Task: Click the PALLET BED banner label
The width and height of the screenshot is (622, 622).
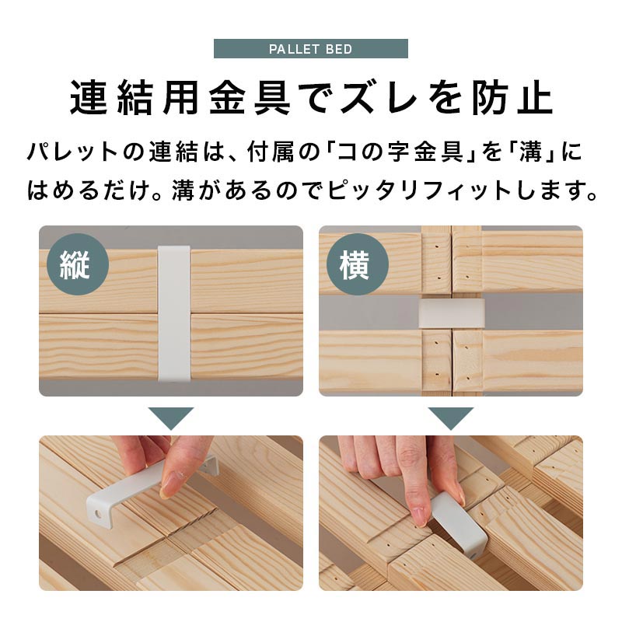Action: coord(310,49)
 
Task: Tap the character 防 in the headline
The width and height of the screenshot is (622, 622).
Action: coord(487,98)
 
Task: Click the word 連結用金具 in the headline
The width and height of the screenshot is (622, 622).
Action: coord(180,98)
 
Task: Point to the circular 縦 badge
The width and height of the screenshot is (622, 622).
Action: coord(78,264)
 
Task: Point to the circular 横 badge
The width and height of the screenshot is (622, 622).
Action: coord(358,264)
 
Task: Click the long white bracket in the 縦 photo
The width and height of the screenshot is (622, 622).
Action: coord(174,313)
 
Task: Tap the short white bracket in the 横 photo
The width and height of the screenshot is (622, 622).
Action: coord(452,313)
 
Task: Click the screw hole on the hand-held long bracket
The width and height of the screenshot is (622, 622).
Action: coord(97,515)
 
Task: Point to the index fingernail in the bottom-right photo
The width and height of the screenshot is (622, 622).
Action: coord(418,515)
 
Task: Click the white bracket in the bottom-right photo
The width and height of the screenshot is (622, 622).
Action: coord(460,526)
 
